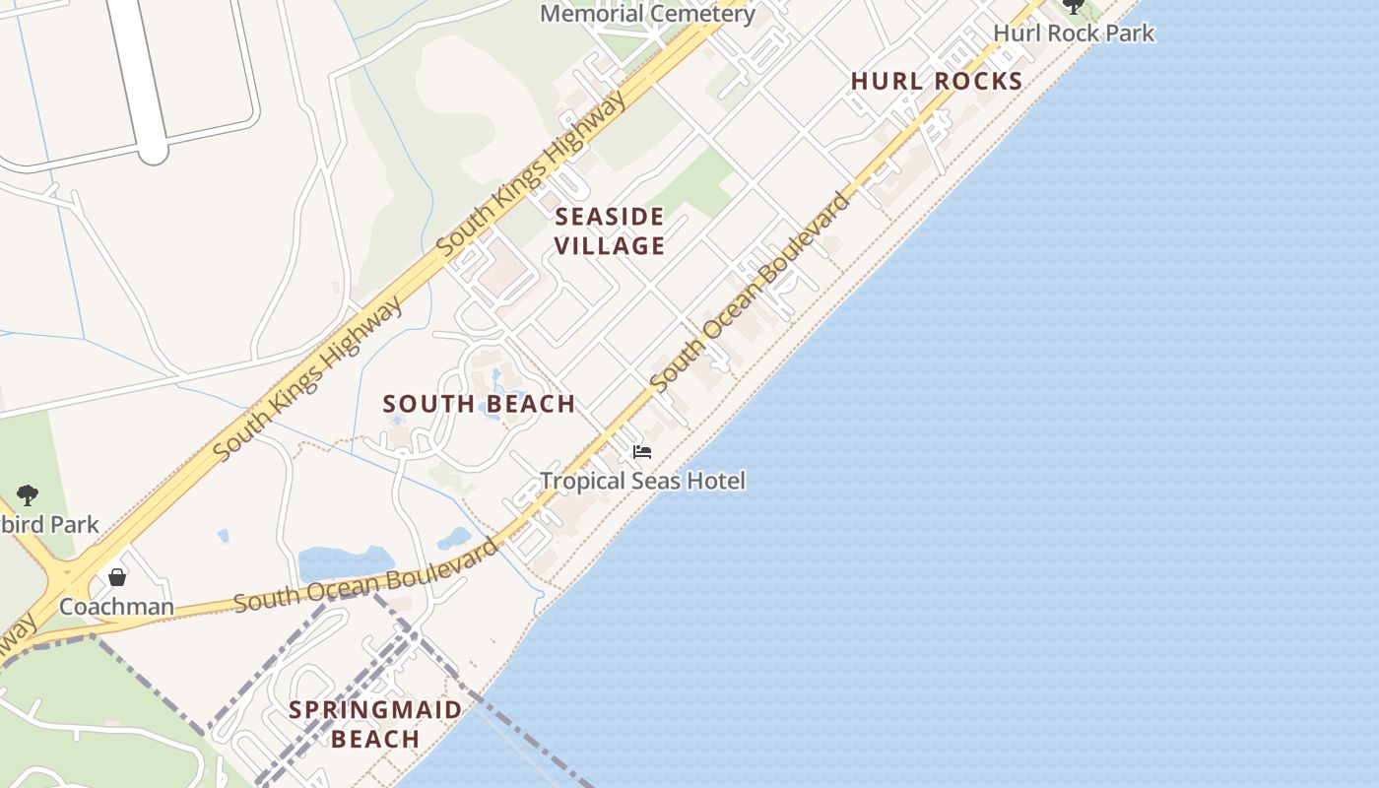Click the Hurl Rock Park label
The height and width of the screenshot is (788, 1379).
pos(1073,33)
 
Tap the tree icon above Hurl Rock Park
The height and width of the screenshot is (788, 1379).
pos(1073,6)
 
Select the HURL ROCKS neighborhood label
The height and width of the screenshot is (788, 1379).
pos(937,81)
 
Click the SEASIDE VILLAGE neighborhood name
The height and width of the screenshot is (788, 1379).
pos(610,230)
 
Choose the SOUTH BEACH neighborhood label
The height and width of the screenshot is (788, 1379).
pos(479,404)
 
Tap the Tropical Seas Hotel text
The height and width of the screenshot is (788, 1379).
pos(642,481)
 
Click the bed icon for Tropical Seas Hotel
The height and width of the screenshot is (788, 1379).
pos(642,452)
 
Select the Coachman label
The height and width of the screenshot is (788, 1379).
pos(116,606)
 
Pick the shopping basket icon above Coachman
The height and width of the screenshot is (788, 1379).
pos(117,577)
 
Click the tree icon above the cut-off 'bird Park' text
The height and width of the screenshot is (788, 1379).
pos(28,495)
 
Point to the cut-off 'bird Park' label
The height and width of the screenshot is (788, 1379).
pos(49,524)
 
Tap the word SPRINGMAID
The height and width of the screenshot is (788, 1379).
pos(375,709)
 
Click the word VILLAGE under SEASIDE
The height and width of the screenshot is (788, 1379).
pos(610,245)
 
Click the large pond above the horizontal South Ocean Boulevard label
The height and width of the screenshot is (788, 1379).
pos(345,563)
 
